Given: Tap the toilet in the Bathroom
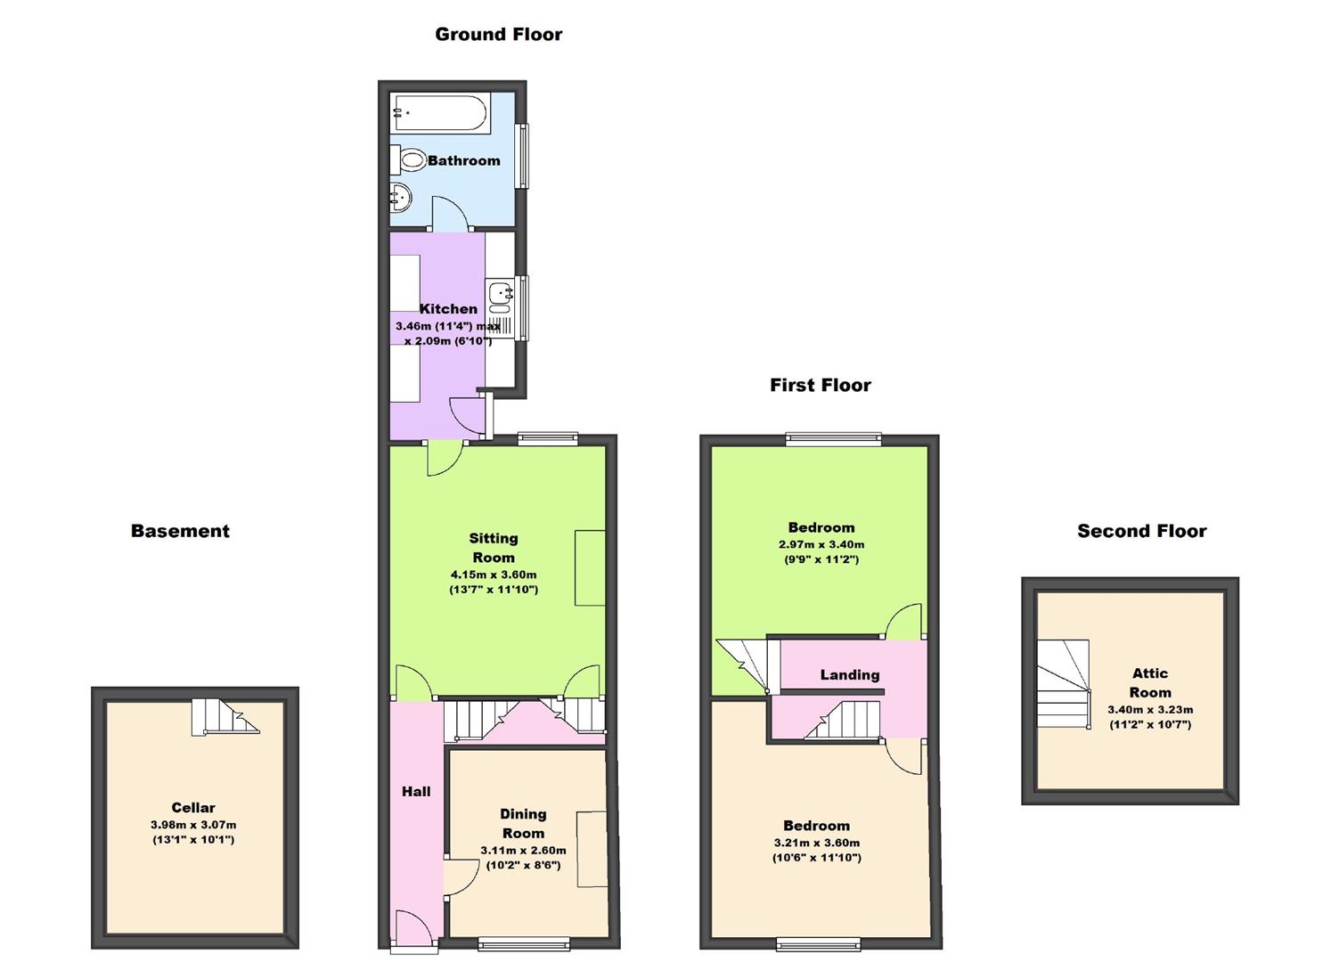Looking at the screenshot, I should (x=410, y=161).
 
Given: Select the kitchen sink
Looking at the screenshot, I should (x=501, y=291).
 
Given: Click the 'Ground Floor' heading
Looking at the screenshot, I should (x=498, y=35).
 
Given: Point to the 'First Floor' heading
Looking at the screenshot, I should (x=820, y=385).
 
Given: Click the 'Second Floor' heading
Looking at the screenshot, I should (x=1141, y=531).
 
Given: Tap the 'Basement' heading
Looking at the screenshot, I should (x=180, y=531).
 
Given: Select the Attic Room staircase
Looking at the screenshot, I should (x=1063, y=684).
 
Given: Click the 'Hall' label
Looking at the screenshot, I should (x=416, y=791).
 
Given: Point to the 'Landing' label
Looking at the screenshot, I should (x=849, y=675).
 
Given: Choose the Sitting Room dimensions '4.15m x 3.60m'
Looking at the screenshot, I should (x=493, y=575).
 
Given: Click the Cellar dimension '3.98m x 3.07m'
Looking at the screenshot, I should (x=193, y=825).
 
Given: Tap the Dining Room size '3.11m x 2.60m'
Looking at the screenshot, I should (x=523, y=850).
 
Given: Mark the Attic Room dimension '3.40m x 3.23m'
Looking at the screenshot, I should (x=1149, y=710).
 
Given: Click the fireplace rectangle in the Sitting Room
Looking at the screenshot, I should (x=590, y=567).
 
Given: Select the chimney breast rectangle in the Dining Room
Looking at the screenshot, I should (x=592, y=849).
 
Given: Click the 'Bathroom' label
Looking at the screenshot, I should (x=463, y=161).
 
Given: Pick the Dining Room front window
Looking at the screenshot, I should (x=524, y=944).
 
